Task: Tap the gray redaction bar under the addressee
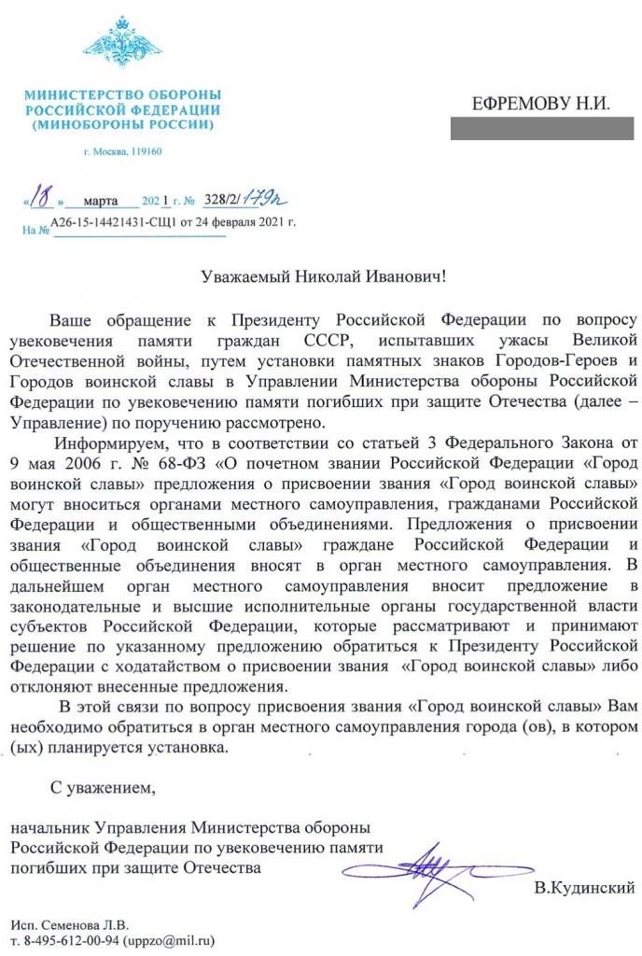tap(542, 129)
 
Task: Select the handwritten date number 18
tap(39, 198)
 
